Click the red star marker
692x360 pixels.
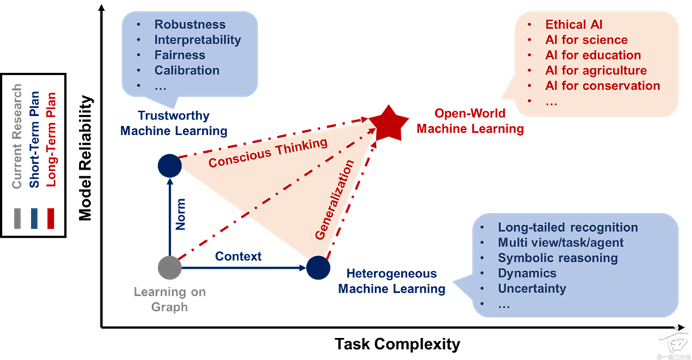388,122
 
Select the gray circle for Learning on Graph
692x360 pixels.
170,267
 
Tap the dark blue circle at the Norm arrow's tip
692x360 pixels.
170,165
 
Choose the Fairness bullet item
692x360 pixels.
179,55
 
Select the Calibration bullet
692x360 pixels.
187,71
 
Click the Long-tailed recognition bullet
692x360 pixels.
567,227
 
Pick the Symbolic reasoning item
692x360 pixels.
557,258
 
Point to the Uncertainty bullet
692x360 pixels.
531,288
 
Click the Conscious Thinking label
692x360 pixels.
267,152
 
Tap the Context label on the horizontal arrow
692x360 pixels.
238,257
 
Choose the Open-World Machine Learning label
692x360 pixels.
470,122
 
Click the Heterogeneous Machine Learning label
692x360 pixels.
391,281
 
